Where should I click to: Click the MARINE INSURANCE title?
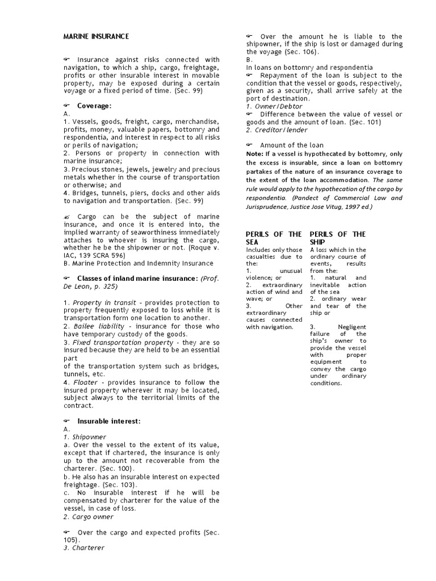(96, 36)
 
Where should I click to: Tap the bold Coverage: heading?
(94, 106)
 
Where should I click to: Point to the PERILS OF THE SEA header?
(274, 238)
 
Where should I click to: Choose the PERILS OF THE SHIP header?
(338, 238)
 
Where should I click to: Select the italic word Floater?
(85, 382)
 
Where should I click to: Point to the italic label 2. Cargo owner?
(89, 517)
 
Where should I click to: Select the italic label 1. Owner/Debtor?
(274, 106)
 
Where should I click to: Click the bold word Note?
(255, 154)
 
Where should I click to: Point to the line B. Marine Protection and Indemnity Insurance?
(139, 263)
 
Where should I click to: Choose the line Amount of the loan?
(291, 145)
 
